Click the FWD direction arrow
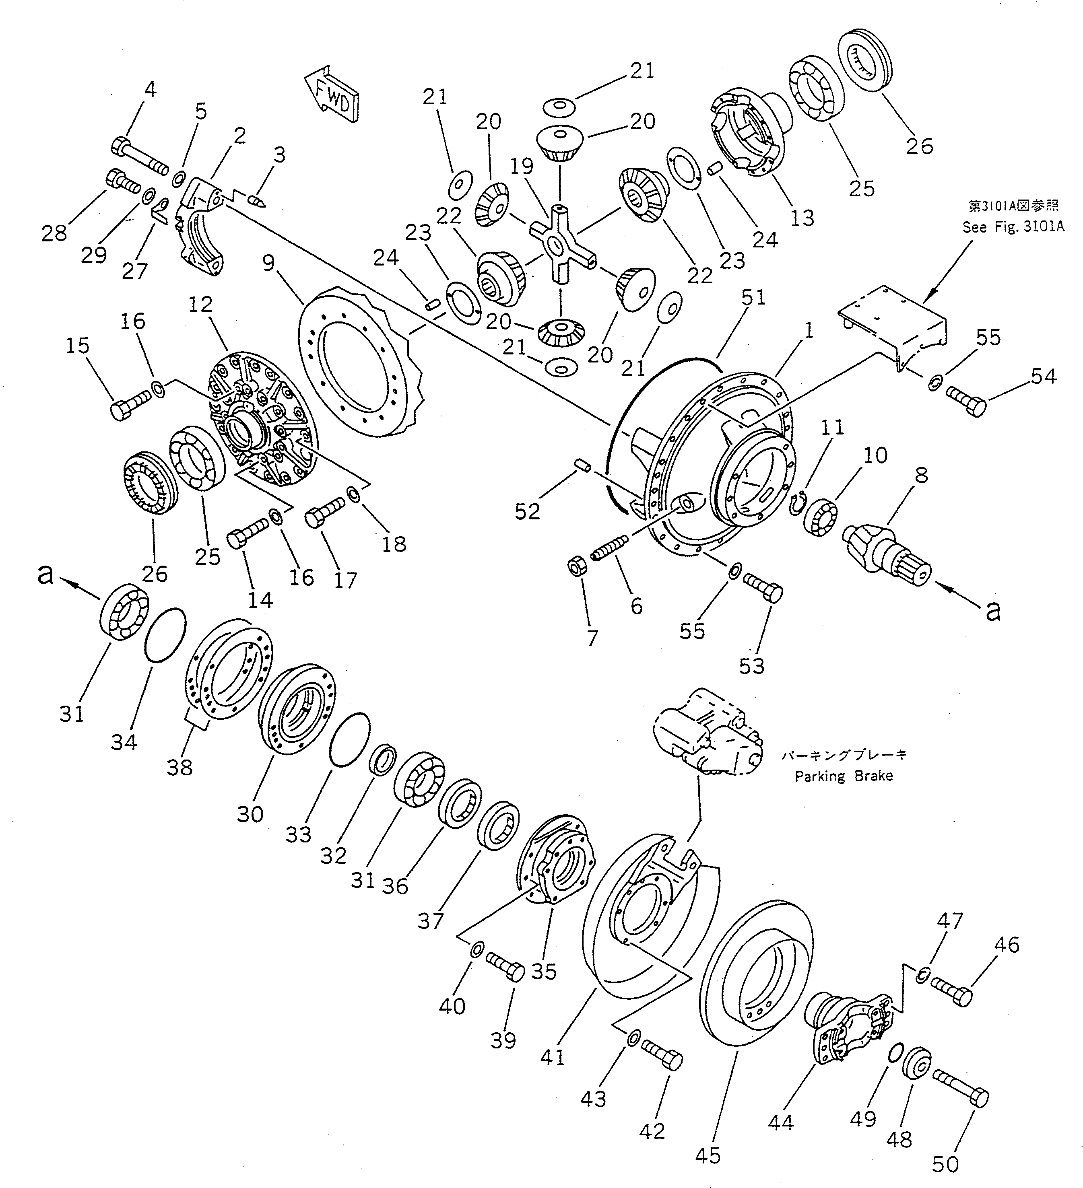pyautogui.click(x=331, y=95)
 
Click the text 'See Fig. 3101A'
pyautogui.click(x=1013, y=227)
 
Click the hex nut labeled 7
pyautogui.click(x=576, y=568)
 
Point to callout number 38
pyautogui.click(x=179, y=767)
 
